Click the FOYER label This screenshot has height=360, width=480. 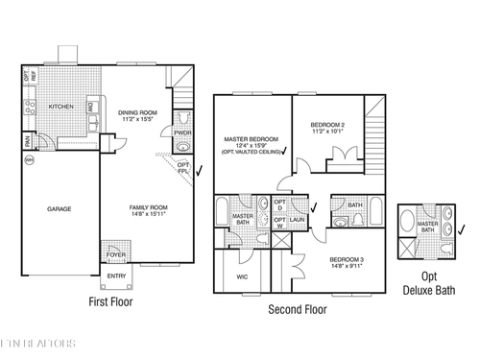[116, 254]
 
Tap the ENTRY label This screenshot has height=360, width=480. [116, 276]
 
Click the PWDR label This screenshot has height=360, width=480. [183, 133]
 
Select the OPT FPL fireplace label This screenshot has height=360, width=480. [183, 168]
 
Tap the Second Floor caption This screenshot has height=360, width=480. [297, 309]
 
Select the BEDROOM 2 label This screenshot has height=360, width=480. [329, 129]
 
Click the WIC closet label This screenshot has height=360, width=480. [242, 277]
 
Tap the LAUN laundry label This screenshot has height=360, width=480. [297, 218]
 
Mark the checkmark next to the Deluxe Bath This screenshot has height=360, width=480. [462, 229]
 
